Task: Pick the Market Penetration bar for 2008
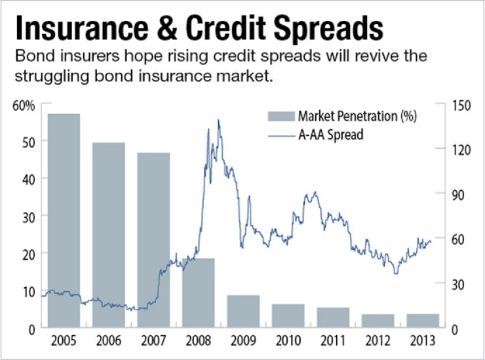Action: (198, 292)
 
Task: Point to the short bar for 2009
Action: (243, 311)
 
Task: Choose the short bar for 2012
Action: (378, 321)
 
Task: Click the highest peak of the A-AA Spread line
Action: (218, 120)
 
